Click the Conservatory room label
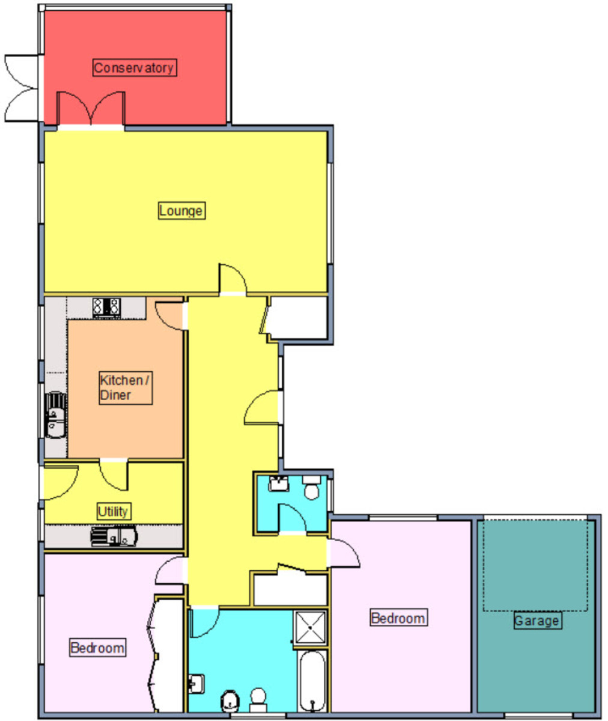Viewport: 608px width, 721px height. pos(135,68)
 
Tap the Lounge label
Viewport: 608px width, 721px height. pos(181,210)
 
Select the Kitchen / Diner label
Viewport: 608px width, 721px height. pos(126,388)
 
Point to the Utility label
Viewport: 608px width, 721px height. pos(114,511)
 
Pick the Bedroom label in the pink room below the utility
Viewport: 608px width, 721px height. pos(98,648)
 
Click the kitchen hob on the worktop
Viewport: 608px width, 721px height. pos(107,308)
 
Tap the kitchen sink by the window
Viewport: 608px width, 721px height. pos(55,415)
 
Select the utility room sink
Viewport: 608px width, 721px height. pos(114,537)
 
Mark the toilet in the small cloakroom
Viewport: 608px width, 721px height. pos(311,487)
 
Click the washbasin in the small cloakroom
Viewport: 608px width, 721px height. pos(279,484)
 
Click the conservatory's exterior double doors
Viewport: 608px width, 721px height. pos(22,88)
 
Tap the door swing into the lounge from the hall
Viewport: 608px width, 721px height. pos(233,279)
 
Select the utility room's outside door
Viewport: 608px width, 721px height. pos(59,482)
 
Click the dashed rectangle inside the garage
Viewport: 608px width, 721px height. pos(535,565)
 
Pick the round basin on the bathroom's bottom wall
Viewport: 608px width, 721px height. pos(231,701)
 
